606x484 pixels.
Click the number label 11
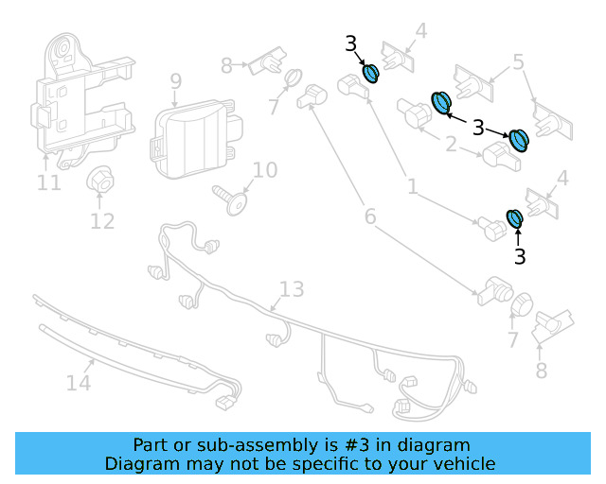click(48, 182)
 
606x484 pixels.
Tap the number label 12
click(102, 221)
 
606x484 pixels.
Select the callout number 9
click(175, 81)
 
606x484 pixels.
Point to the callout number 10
click(265, 170)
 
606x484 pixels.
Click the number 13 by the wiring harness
click(292, 288)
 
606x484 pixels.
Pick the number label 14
click(78, 383)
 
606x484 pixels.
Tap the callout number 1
click(412, 188)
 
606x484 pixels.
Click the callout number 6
click(369, 217)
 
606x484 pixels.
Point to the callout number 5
click(518, 62)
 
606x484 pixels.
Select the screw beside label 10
click(232, 199)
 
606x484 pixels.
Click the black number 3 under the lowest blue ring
click(519, 255)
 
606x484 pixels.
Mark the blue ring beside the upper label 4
click(371, 72)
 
